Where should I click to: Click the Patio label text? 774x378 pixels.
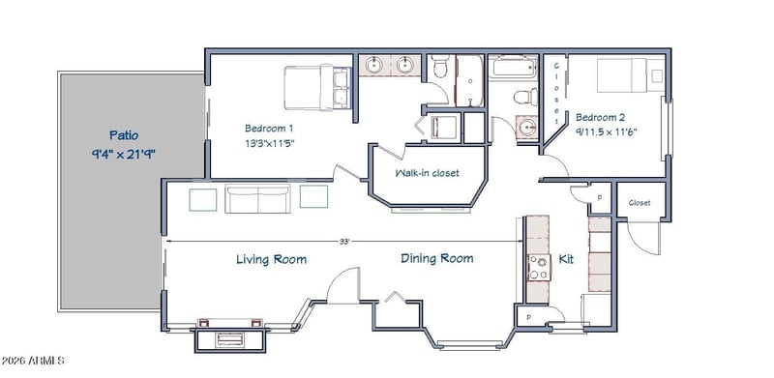pyautogui.click(x=124, y=135)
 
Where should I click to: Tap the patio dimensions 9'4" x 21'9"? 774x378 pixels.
pyautogui.click(x=124, y=154)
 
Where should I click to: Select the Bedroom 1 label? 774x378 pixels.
pyautogui.click(x=269, y=129)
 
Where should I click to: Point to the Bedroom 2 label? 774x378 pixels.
pyautogui.click(x=600, y=117)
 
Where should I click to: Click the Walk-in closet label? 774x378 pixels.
pyautogui.click(x=427, y=173)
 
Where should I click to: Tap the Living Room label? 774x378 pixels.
pyautogui.click(x=271, y=259)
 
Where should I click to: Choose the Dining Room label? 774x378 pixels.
pyautogui.click(x=437, y=258)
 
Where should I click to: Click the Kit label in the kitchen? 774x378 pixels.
pyautogui.click(x=566, y=259)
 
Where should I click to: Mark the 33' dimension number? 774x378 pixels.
pyautogui.click(x=344, y=242)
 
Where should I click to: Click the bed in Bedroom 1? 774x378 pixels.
pyautogui.click(x=318, y=87)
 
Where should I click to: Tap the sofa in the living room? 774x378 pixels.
pyautogui.click(x=257, y=199)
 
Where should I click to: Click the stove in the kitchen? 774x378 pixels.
pyautogui.click(x=539, y=268)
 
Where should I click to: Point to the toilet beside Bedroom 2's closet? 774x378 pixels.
pyautogui.click(x=526, y=97)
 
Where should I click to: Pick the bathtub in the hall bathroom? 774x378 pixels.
pyautogui.click(x=514, y=67)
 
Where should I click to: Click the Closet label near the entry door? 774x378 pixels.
pyautogui.click(x=640, y=203)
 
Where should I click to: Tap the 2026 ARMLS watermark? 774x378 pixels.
pyautogui.click(x=33, y=361)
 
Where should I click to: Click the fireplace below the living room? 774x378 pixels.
pyautogui.click(x=230, y=339)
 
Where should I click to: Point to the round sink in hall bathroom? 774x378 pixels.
pyautogui.click(x=527, y=129)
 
